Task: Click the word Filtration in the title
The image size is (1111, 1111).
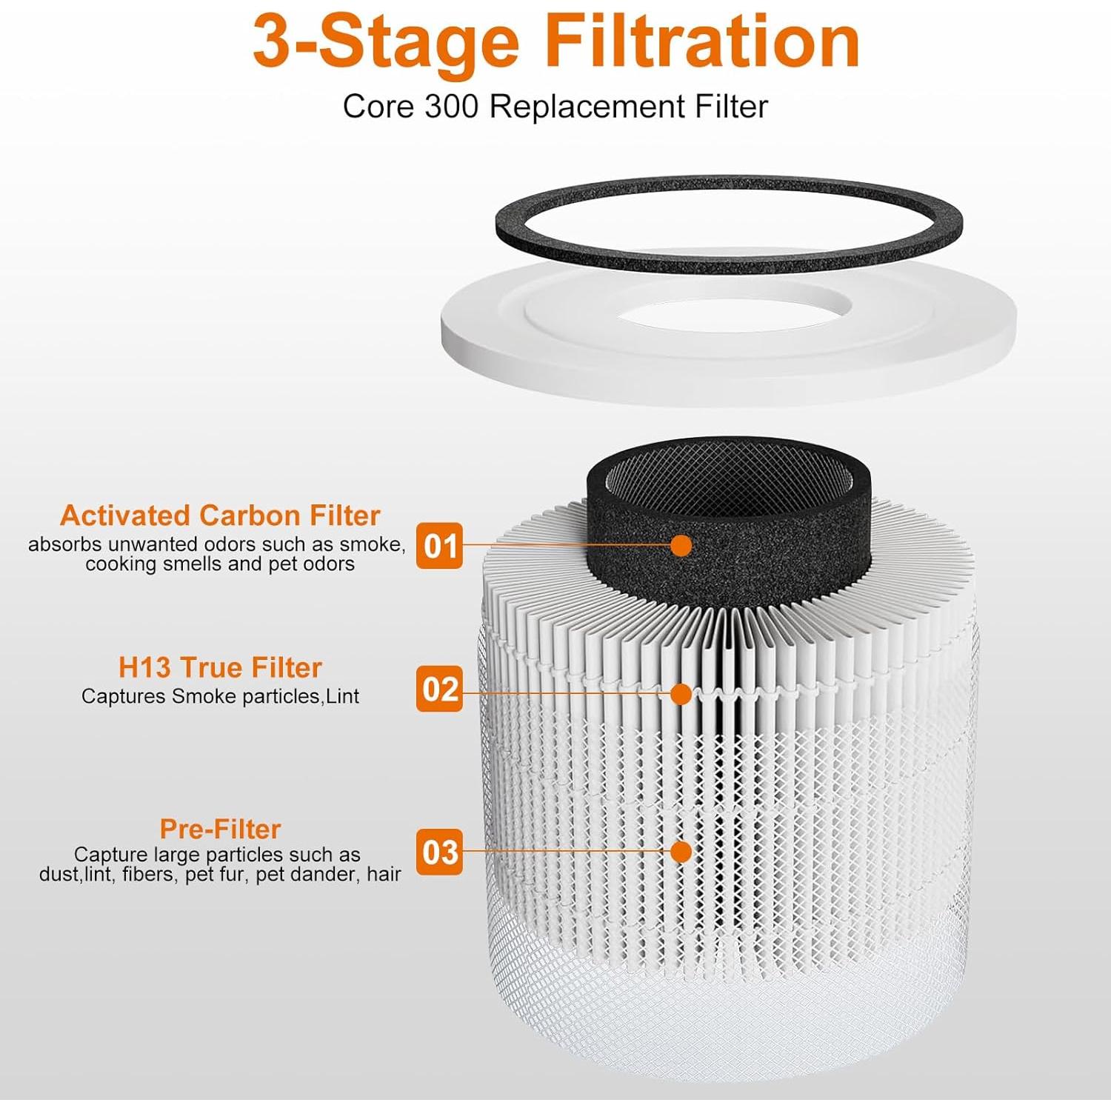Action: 702,43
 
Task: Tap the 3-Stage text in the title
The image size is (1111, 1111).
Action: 385,43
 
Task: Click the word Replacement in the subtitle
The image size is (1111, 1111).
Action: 587,107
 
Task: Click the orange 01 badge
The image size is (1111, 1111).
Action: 439,546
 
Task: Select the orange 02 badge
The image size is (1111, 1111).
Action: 439,689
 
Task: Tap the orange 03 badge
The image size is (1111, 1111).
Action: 439,852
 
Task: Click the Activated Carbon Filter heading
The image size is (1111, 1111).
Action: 220,515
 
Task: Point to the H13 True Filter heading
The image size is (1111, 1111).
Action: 220,667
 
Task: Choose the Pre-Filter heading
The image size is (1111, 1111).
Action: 220,828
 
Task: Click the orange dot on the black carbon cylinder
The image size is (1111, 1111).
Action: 681,546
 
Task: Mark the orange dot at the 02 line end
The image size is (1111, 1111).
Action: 681,694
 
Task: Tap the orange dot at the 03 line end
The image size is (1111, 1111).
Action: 681,852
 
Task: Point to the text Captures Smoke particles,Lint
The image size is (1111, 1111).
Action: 220,696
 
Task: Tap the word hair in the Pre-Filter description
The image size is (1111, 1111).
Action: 384,875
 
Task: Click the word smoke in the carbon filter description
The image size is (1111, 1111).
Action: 370,544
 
